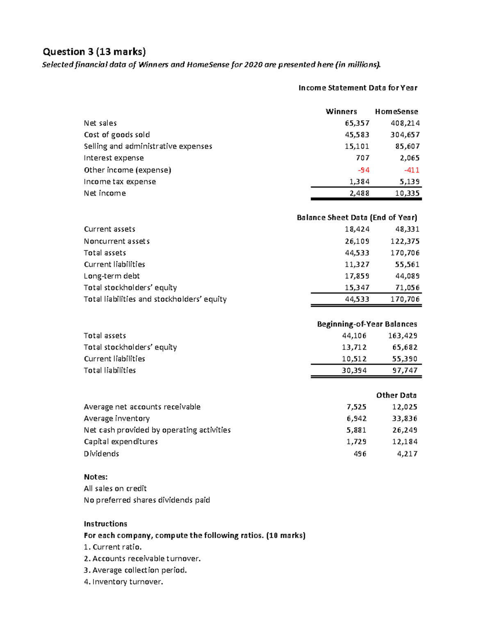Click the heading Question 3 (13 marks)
pos(94,52)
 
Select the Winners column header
pos(341,112)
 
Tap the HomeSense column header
pos(396,112)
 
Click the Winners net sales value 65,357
pos(357,123)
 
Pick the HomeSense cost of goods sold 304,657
pos(405,135)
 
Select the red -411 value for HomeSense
pos(411,170)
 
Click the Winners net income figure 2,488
pos(359,193)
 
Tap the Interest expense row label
pos(114,158)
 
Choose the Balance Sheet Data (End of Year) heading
pos(357,217)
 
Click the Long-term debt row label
pos(112,276)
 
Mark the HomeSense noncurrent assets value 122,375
pos(405,241)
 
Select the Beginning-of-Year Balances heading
pos(367,324)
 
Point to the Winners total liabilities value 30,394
pos(354,370)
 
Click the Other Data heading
pos(396,395)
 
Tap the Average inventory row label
pos(116,418)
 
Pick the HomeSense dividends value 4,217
pos(407,454)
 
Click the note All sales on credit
pos(115,489)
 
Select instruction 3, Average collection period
pos(135,570)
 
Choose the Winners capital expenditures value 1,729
pos(356,442)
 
